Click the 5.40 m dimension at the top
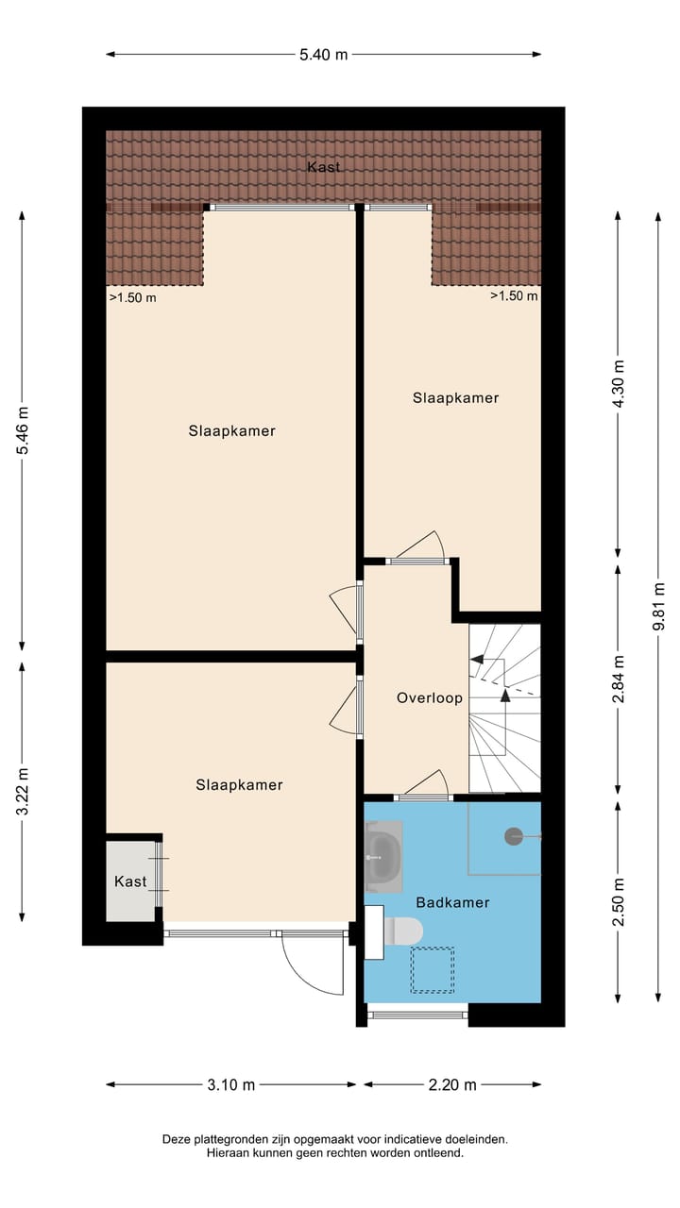pos(324,55)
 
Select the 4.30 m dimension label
pos(620,383)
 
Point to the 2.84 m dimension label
pos(620,679)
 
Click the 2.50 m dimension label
pos(620,902)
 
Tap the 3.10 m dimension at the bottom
pos(231,1085)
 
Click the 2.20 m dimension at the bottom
pos(452,1085)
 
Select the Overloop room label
pos(430,698)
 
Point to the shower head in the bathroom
pos(514,835)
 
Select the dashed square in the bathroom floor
pos(432,970)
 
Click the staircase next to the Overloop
pos(505,708)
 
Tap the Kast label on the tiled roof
pos(323,167)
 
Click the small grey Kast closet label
pos(130,881)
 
